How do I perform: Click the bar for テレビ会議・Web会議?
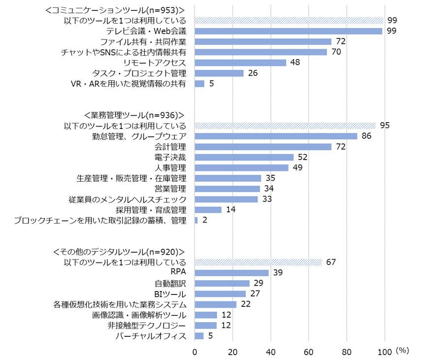click(x=289, y=31)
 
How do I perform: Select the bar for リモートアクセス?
click(x=240, y=63)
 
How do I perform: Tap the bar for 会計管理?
click(x=263, y=147)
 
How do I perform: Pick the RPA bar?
click(x=231, y=273)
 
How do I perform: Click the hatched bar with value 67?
click(x=258, y=262)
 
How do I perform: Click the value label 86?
click(x=366, y=136)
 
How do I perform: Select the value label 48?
click(x=295, y=63)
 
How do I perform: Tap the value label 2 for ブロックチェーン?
click(x=204, y=220)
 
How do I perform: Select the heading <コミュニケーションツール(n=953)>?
click(x=115, y=10)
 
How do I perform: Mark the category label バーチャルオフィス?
click(x=151, y=336)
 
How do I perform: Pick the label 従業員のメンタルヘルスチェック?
click(x=128, y=199)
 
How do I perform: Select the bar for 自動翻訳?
click(x=222, y=283)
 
